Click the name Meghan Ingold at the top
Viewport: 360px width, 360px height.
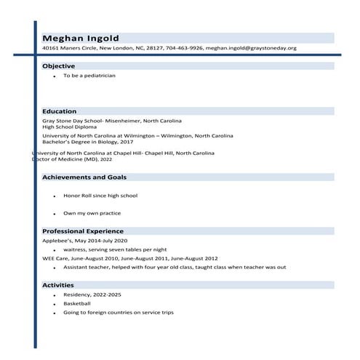click(81, 38)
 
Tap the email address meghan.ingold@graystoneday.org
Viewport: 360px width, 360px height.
click(251, 48)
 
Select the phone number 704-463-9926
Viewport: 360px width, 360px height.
click(185, 48)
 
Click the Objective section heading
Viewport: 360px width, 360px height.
click(59, 66)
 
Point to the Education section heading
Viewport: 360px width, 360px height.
click(60, 111)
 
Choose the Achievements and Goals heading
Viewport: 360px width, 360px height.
click(84, 177)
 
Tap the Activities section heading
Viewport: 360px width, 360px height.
click(58, 284)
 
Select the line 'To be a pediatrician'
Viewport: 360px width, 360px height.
click(89, 76)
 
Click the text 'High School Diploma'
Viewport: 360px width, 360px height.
click(69, 127)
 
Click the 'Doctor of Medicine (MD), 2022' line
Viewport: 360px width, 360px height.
click(73, 159)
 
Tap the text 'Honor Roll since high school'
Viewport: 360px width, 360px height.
click(100, 196)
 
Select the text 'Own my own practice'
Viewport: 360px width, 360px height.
click(92, 213)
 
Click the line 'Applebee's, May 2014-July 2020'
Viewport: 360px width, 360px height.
click(84, 241)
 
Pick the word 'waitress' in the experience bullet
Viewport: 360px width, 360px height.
click(74, 249)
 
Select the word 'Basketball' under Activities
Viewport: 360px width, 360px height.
click(77, 303)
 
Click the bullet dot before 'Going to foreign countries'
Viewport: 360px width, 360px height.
click(55, 313)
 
